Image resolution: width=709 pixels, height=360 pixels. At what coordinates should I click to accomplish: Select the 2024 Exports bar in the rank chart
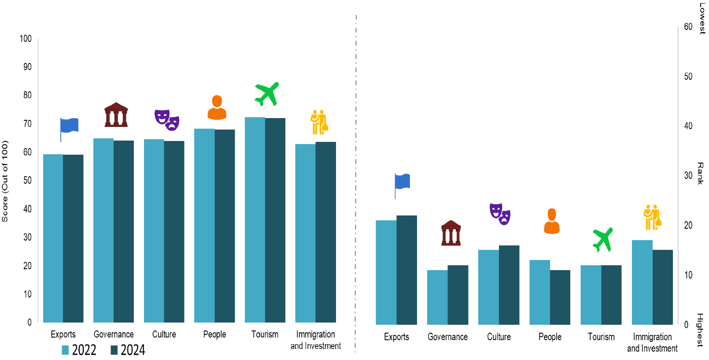pos(406,270)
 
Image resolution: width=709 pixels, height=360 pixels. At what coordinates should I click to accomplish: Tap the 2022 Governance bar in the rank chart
pos(437,297)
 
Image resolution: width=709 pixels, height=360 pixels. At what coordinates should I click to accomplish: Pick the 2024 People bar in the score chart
pos(225,226)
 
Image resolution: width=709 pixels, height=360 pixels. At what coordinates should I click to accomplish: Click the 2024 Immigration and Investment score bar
pos(326,232)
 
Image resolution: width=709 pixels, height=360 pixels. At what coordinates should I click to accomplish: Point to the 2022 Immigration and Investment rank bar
pos(642,282)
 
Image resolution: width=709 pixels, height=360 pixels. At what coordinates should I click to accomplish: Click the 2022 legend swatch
pos(65,350)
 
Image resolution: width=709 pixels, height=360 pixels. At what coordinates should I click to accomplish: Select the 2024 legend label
pos(133,350)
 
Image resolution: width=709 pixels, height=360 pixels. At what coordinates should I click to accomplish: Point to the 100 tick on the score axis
pos(26,39)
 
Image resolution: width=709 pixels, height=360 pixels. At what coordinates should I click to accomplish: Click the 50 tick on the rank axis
pos(688,77)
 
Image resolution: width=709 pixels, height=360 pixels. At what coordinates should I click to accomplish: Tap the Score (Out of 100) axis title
pos(5,181)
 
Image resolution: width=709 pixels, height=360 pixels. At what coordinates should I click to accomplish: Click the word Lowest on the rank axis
pos(702,18)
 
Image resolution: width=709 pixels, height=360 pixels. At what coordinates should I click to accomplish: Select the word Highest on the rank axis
pos(700,330)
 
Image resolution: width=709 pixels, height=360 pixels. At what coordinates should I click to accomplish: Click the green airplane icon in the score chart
pos(267,93)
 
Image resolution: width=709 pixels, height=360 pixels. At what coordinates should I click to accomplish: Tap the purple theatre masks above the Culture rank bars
pos(500,214)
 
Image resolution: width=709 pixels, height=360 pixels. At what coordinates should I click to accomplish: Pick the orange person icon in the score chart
pos(217,108)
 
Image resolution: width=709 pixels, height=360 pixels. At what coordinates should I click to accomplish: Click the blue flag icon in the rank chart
pos(402,185)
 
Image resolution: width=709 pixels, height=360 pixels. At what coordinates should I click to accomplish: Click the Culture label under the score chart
pos(164,334)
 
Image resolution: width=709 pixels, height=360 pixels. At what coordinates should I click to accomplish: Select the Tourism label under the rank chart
pos(601,337)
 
